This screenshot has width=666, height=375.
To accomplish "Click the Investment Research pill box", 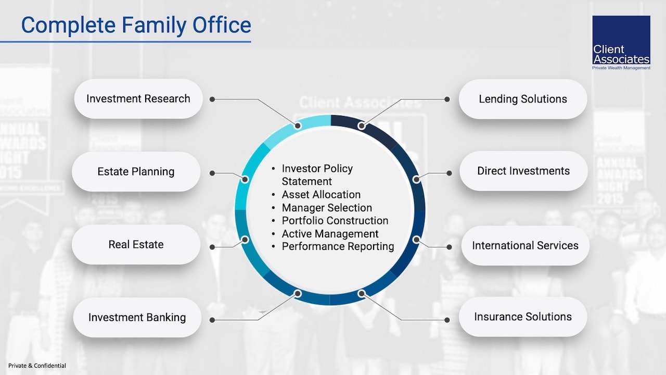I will click(x=138, y=99).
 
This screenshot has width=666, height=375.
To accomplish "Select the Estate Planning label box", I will click(x=136, y=172).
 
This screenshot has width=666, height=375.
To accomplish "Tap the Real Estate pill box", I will click(x=136, y=245).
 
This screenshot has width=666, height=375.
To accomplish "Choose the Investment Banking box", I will click(x=137, y=317).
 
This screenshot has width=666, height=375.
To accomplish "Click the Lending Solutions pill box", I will click(x=523, y=99).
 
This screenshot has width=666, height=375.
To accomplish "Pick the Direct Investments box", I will click(x=523, y=171).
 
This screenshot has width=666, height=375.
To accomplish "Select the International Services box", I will click(x=525, y=245).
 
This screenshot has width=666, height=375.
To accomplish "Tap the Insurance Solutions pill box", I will click(x=523, y=317).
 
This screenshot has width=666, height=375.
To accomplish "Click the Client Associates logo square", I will click(x=621, y=43).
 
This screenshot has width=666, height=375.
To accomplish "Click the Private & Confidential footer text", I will click(x=37, y=366).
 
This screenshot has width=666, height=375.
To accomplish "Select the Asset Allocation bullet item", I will click(x=321, y=195).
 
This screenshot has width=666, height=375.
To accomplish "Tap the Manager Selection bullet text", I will click(x=327, y=208).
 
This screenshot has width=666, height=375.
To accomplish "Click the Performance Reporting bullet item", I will click(x=338, y=246).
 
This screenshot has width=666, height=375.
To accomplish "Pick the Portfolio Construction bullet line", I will click(x=335, y=221).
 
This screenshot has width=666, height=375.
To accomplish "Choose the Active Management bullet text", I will click(x=330, y=234).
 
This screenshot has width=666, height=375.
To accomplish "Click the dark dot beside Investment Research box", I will click(x=212, y=99).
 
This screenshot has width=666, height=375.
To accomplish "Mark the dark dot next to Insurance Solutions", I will click(x=447, y=319).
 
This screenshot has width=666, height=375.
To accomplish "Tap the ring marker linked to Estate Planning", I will click(x=245, y=179).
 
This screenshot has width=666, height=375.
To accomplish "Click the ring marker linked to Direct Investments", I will click(x=416, y=179).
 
